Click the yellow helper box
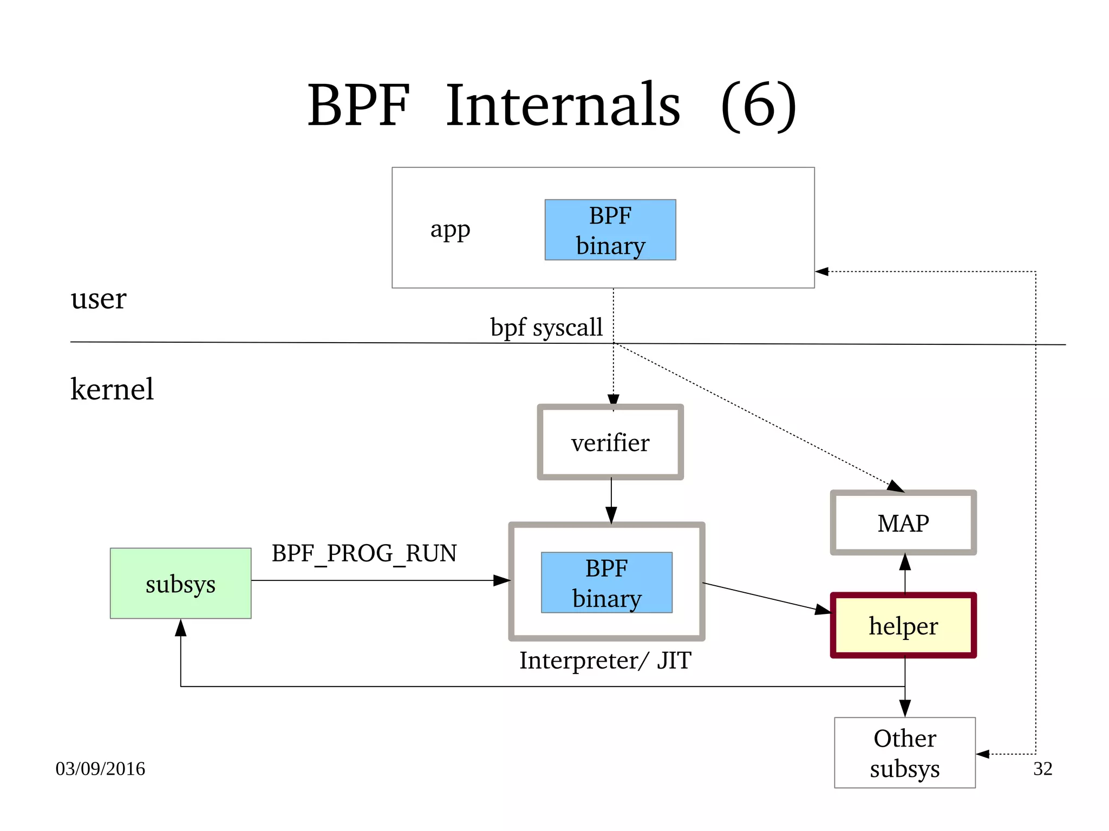903,625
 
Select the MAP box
903,523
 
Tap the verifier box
610,442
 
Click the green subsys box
180,584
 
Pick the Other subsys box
904,753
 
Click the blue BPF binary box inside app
610,230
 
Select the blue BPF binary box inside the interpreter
606,583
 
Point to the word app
450,230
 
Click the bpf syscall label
546,327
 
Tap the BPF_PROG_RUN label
364,553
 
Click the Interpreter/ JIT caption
605,660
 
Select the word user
98,298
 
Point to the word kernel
112,389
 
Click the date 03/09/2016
100,768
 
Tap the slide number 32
1042,768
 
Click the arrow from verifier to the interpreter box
611,501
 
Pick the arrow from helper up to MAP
905,574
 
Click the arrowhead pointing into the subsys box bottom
181,628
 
